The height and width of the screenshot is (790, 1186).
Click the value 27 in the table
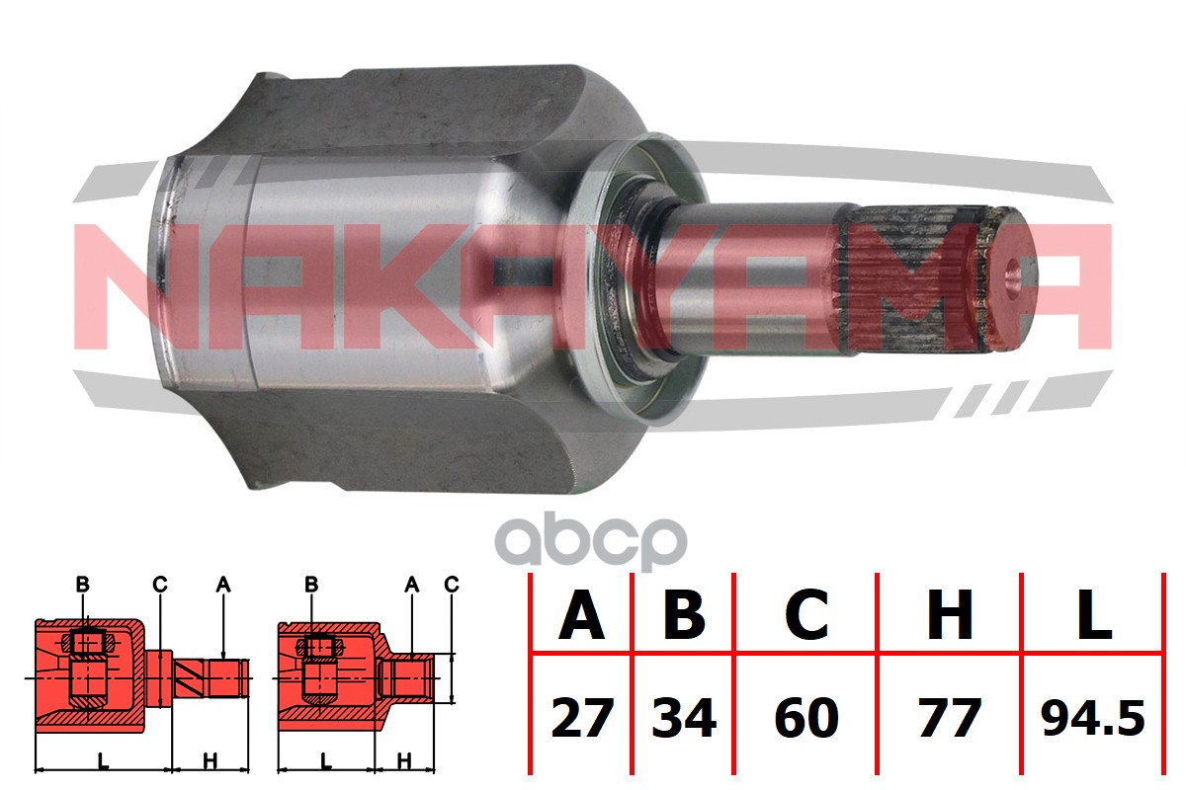pos(582,718)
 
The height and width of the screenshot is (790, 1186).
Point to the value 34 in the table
pos(684,718)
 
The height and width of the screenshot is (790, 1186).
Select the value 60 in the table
pos(806,718)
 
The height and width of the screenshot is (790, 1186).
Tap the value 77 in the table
pos(950,718)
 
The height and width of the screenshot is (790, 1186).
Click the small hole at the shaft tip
pos(1012,277)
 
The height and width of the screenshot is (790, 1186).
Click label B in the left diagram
pos(82,585)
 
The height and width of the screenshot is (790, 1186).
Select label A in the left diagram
pos(223,585)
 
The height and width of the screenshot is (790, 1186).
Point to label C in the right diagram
pos(452,585)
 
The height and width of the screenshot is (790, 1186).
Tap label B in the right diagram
pos(311,585)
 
